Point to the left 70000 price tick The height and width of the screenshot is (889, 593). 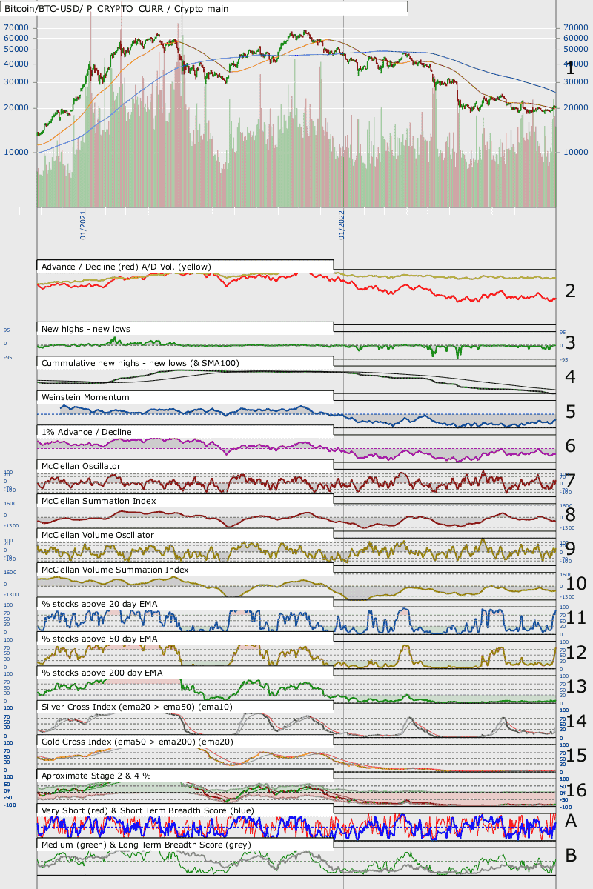tap(16, 27)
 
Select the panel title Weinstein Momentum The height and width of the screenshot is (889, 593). tap(85, 398)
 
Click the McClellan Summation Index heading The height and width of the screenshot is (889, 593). tap(99, 501)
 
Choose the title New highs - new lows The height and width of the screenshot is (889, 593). tap(86, 328)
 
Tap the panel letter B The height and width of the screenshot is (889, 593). tap(571, 856)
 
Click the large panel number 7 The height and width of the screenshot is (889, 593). tap(570, 481)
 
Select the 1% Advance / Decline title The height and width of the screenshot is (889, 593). tap(87, 432)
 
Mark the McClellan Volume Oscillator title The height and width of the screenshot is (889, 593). tap(98, 535)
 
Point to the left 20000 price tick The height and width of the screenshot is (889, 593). tap(16, 108)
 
